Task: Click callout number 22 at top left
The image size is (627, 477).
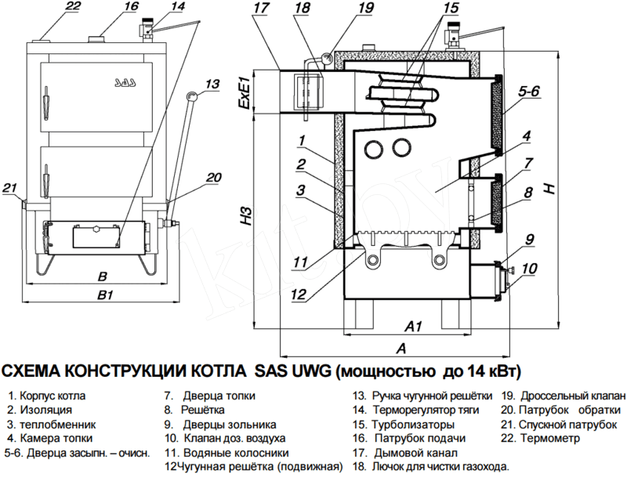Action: [73, 7]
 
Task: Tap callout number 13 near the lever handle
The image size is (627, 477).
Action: [212, 83]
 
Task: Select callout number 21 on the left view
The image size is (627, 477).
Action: [9, 188]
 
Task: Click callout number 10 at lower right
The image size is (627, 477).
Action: [530, 269]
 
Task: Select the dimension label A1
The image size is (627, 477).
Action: [413, 325]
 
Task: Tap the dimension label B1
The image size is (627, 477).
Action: [104, 295]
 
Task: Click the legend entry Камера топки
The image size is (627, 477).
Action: [56, 438]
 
